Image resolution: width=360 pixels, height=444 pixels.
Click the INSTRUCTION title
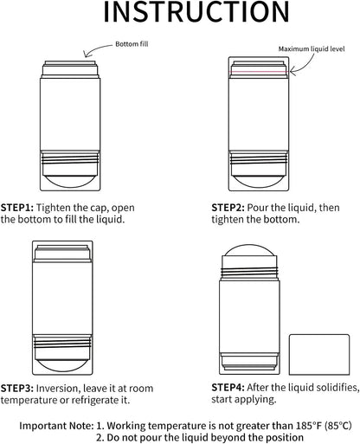[x=196, y=11]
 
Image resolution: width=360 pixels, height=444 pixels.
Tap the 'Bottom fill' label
[x=132, y=44]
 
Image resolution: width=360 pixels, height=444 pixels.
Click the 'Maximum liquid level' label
[x=312, y=49]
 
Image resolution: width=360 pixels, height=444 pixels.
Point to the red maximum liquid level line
[x=259, y=72]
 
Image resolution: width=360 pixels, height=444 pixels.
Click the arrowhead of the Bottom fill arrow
[x=85, y=55]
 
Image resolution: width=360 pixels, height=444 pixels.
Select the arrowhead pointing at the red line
[x=292, y=71]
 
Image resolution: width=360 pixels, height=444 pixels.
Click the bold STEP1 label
[x=17, y=208]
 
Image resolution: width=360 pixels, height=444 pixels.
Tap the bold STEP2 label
[x=228, y=208]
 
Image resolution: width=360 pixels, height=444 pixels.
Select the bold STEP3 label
[x=17, y=389]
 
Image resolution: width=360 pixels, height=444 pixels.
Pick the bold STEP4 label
[x=228, y=388]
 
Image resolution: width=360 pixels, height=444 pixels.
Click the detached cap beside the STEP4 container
[x=319, y=355]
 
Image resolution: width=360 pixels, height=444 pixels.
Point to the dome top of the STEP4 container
[x=250, y=250]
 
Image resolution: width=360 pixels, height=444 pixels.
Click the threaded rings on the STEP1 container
[x=70, y=158]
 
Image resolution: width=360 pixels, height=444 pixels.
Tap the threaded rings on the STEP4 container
[x=249, y=272]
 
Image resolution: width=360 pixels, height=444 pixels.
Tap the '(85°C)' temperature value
[x=338, y=426]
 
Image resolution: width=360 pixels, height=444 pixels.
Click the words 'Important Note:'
[x=57, y=426]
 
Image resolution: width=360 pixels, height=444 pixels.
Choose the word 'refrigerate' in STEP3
[x=95, y=401]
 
